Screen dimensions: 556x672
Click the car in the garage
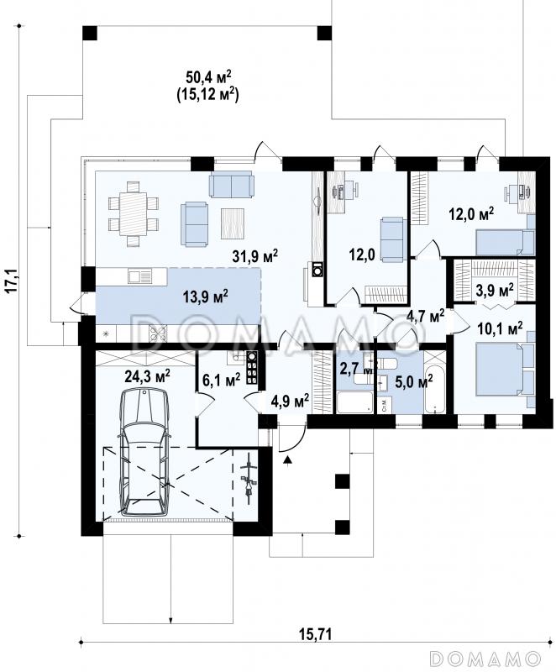(x=144, y=452)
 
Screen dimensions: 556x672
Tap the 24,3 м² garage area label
(x=147, y=376)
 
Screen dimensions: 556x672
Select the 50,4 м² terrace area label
(x=208, y=78)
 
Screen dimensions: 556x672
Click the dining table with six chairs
(x=134, y=213)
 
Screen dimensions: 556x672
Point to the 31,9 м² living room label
(x=255, y=256)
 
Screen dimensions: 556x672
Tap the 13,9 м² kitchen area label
(x=206, y=297)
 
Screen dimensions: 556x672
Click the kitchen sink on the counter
(x=139, y=276)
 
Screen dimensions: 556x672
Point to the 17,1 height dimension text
(x=12, y=281)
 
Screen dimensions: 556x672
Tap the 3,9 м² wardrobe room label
(x=495, y=291)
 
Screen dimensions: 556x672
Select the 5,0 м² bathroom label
(x=413, y=382)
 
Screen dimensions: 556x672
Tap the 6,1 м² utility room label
(x=221, y=380)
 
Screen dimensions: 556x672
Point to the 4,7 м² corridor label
(x=425, y=317)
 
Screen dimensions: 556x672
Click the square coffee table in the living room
(x=233, y=223)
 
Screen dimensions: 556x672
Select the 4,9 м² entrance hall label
(x=291, y=402)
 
